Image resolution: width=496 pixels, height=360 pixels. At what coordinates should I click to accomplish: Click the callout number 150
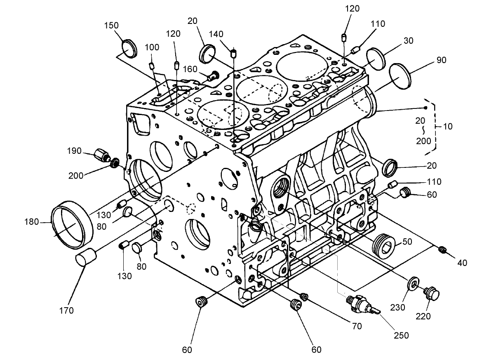tap(111, 26)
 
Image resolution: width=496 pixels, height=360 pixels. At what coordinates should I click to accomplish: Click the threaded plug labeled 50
tap(384, 247)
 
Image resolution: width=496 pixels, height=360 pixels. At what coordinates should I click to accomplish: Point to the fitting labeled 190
tap(101, 155)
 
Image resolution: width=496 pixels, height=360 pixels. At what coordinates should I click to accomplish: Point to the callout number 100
tap(152, 48)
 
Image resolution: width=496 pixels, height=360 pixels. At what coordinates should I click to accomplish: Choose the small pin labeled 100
tap(152, 66)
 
